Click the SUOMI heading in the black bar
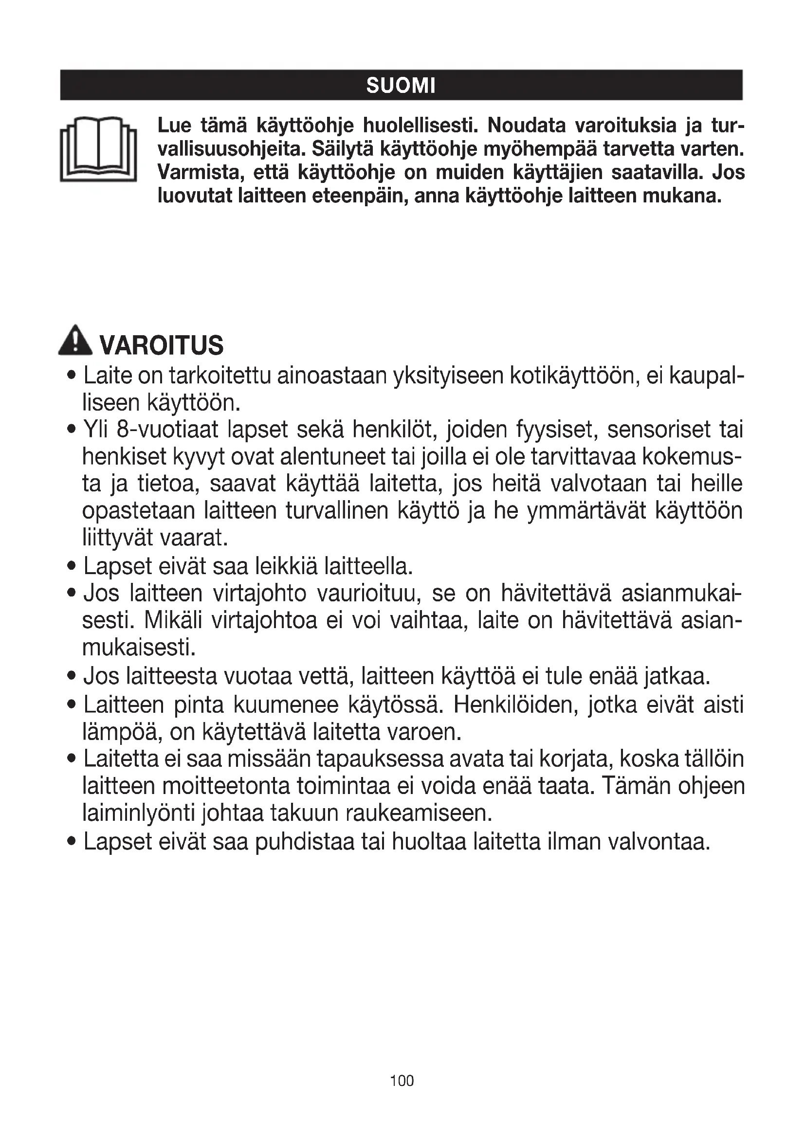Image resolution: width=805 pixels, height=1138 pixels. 401,86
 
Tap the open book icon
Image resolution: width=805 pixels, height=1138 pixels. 99,149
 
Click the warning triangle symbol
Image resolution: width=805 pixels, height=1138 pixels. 75,340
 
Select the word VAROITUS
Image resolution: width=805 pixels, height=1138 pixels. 162,345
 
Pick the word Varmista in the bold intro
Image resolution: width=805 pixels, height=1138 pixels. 200,173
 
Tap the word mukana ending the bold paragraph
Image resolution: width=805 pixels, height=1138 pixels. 682,196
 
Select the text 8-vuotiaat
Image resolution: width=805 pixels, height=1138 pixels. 167,430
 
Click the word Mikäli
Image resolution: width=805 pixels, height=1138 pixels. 173,620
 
